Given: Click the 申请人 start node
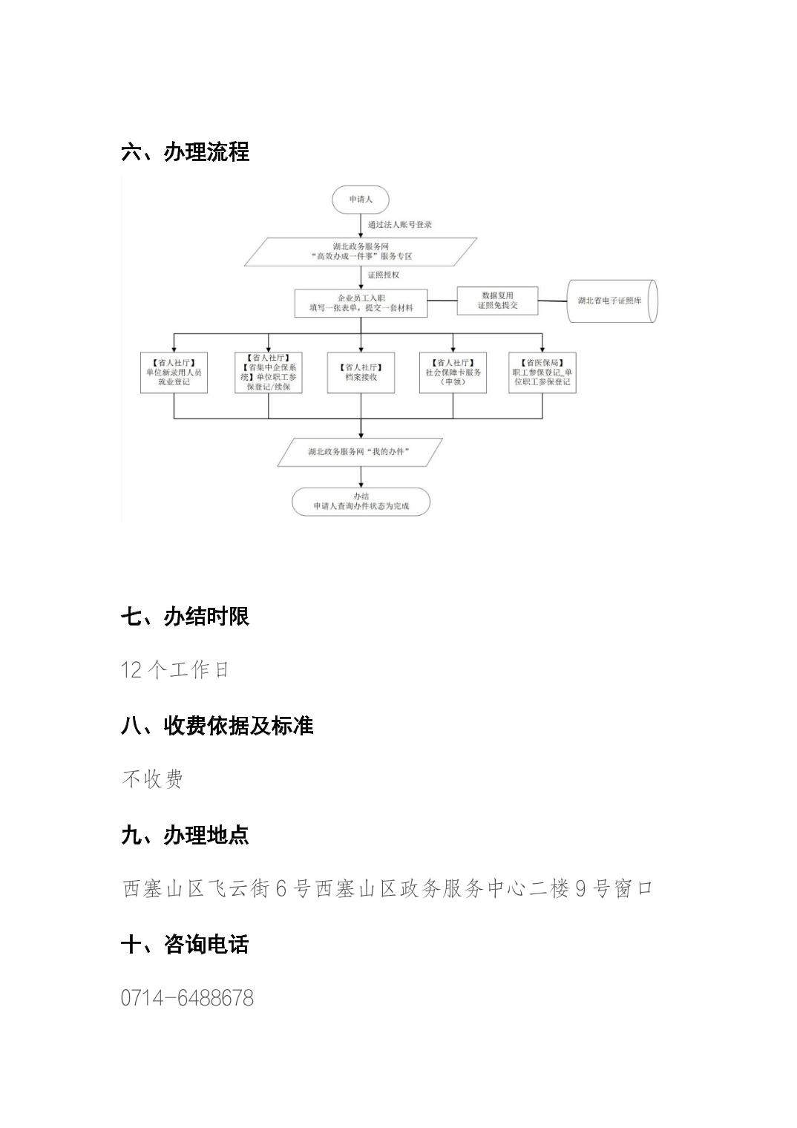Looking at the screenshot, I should [361, 200].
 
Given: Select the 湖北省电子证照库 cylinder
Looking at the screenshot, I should [613, 301].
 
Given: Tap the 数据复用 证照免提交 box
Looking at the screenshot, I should [497, 301].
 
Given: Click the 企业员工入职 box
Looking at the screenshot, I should [361, 303].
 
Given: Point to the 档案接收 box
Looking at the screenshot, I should [361, 372].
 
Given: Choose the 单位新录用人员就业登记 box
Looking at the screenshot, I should [174, 372].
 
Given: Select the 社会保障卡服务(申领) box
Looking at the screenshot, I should [453, 372].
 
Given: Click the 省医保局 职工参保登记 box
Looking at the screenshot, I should [542, 372].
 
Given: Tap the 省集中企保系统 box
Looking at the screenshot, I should [268, 372].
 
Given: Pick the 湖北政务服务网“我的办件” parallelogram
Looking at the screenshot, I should [360, 451].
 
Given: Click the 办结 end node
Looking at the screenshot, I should [361, 502].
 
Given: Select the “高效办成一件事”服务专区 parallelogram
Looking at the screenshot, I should [361, 251].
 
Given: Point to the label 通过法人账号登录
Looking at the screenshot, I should [400, 224].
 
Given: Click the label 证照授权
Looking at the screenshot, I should [384, 275].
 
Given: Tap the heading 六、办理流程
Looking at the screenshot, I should [186, 152].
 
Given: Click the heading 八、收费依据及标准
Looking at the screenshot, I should [217, 726].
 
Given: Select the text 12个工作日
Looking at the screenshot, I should [175, 669].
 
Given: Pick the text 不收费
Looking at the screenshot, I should [152, 779].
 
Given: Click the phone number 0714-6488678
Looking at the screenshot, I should [187, 998].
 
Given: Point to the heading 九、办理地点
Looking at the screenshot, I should [185, 835].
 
